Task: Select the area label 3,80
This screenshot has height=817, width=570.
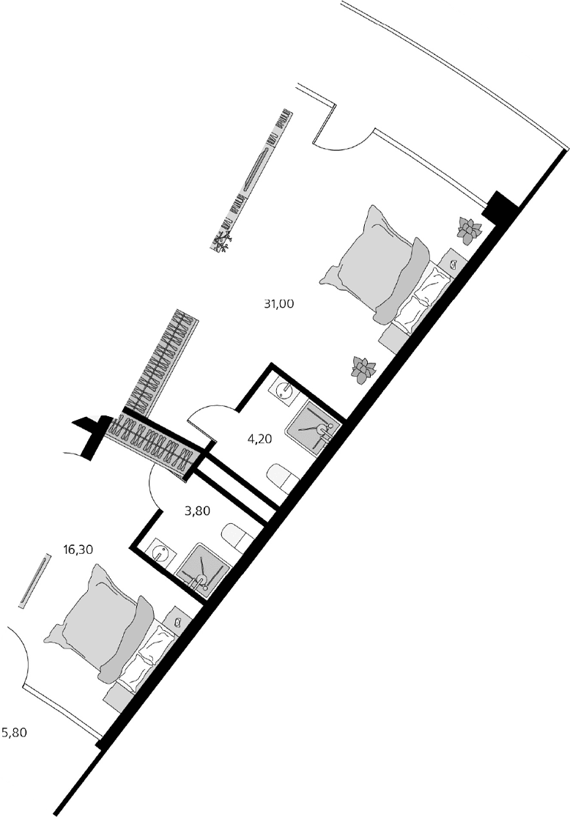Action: (x=198, y=511)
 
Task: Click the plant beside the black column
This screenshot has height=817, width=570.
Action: (x=467, y=230)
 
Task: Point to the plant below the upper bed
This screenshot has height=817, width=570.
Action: (x=361, y=369)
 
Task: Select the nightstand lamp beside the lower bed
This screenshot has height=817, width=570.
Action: (x=178, y=621)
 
